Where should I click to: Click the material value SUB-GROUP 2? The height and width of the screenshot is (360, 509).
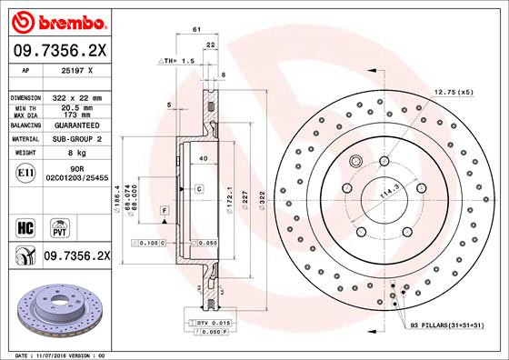[x=75, y=139]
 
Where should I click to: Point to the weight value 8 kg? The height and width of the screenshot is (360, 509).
[x=69, y=154]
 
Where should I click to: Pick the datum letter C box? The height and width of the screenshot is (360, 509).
[x=198, y=188]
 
